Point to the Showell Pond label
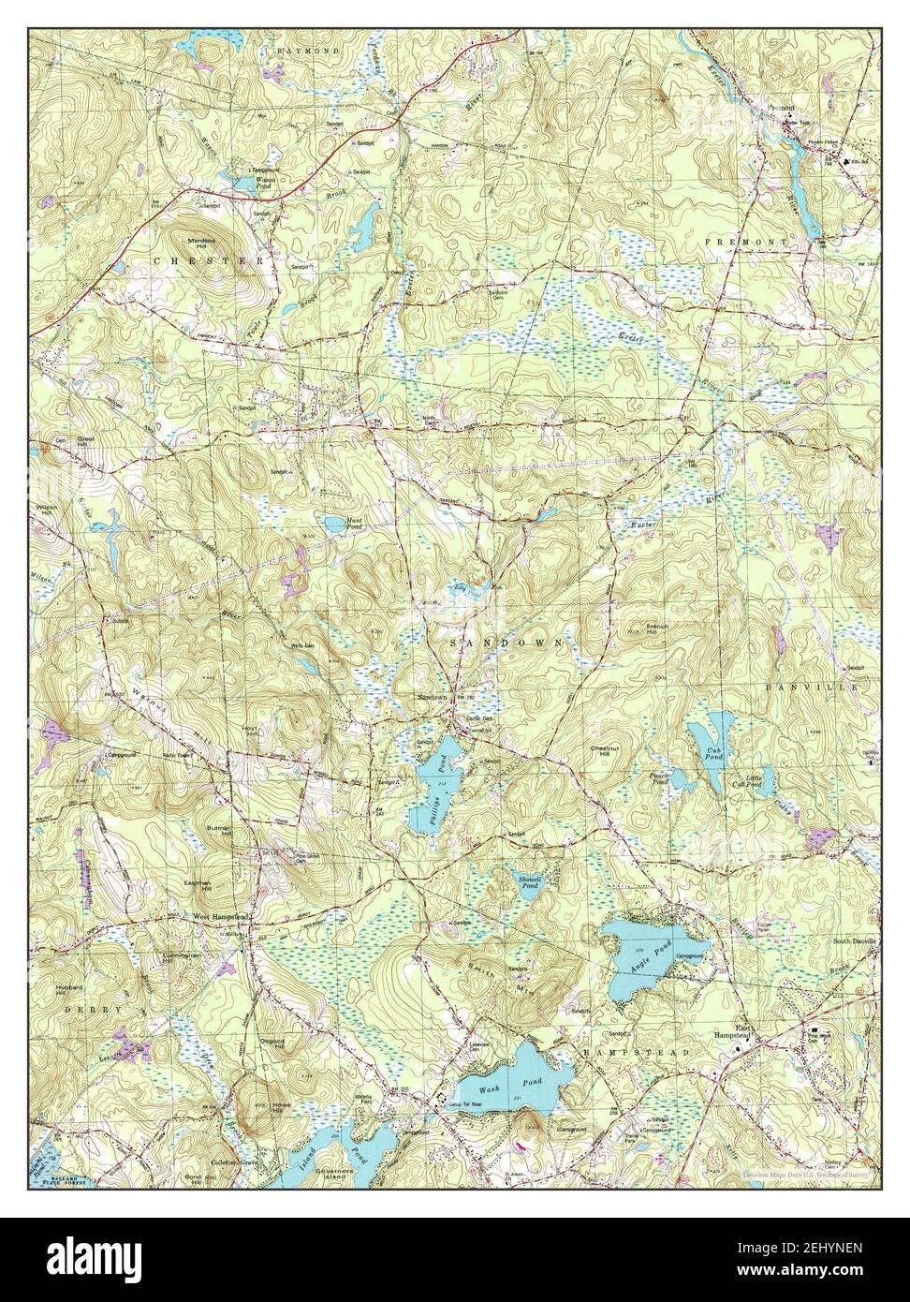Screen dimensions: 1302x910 530,882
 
